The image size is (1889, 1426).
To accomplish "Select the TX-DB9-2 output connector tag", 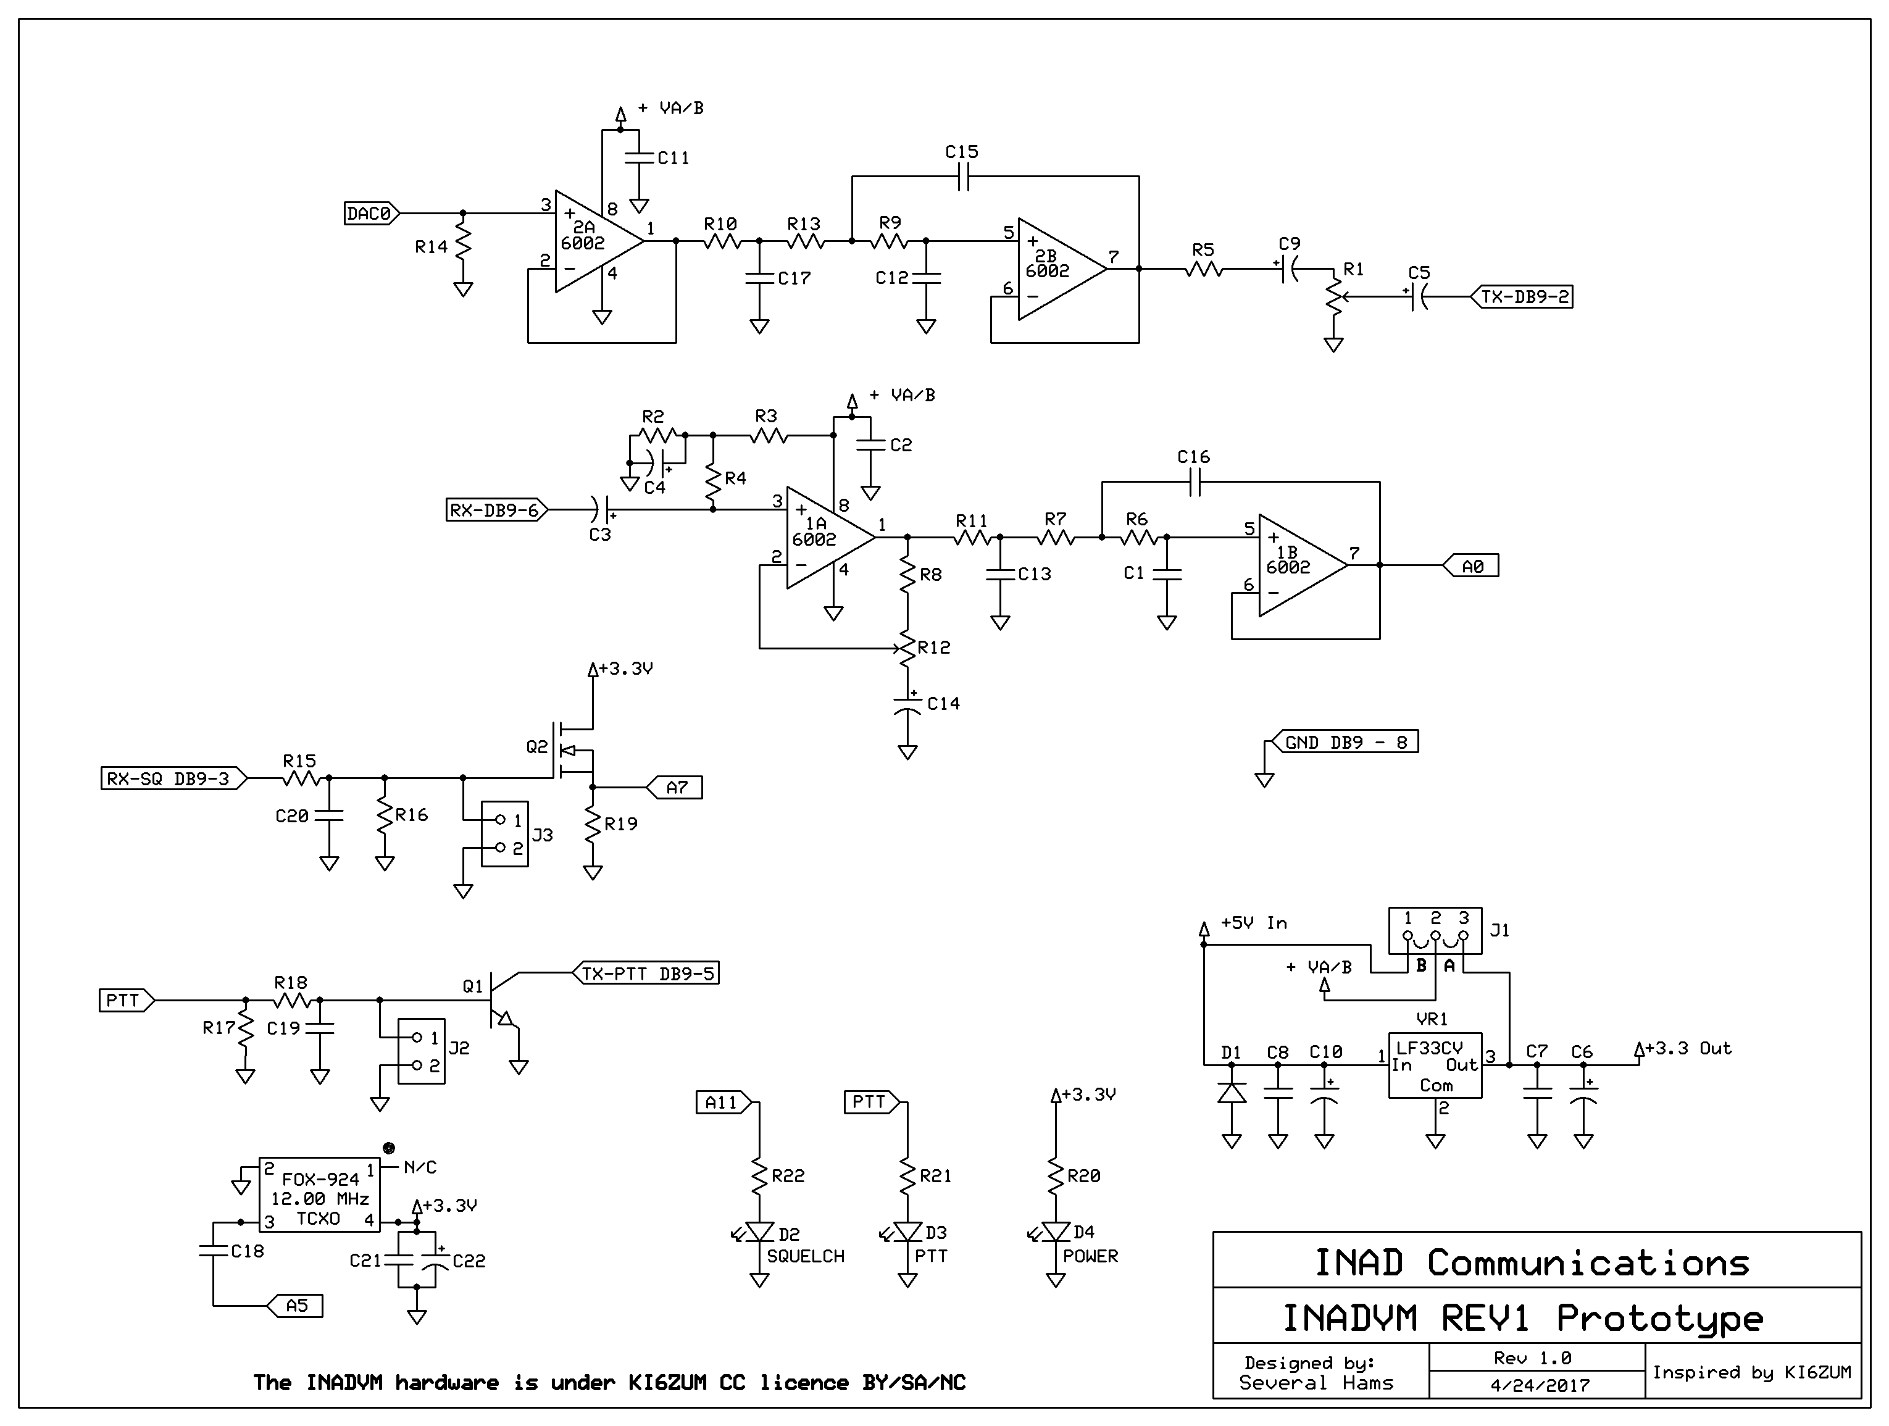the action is pyautogui.click(x=1521, y=297).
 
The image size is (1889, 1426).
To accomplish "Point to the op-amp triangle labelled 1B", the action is pyautogui.click(x=1303, y=565).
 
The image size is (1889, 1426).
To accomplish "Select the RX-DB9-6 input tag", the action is pyautogui.click(x=497, y=510).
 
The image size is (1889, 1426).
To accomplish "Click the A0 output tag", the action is pyautogui.click(x=1470, y=565).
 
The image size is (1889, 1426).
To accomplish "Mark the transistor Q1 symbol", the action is pyautogui.click(x=504, y=1001).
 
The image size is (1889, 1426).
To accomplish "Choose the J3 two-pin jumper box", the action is pyautogui.click(x=505, y=834).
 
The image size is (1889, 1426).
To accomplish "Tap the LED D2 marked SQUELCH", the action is pyautogui.click(x=759, y=1232).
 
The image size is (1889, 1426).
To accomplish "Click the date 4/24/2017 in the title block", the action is pyautogui.click(x=1541, y=1385).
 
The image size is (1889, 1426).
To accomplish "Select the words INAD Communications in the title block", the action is pyautogui.click(x=1531, y=1263).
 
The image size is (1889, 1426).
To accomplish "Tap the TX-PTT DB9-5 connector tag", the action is pyautogui.click(x=646, y=973).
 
